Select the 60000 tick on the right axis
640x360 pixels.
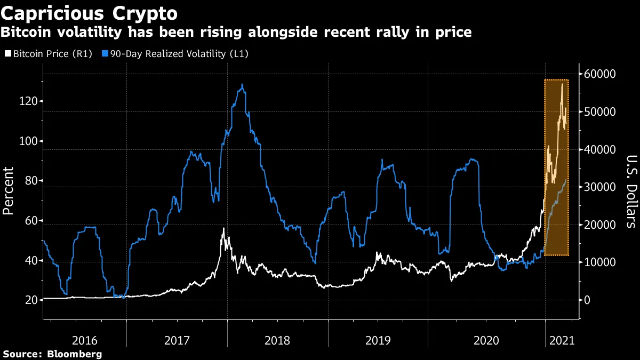pyautogui.click(x=601, y=74)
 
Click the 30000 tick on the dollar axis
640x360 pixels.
pyautogui.click(x=601, y=187)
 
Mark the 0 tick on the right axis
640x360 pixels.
pyautogui.click(x=587, y=300)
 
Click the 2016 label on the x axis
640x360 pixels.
pyautogui.click(x=85, y=340)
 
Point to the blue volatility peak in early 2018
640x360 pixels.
pyautogui.click(x=243, y=84)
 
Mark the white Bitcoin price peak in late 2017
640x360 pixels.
pyautogui.click(x=223, y=228)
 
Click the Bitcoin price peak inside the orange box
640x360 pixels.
pyautogui.click(x=562, y=84)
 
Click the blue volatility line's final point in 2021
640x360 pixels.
pyautogui.click(x=566, y=180)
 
